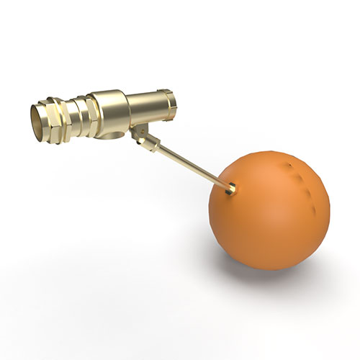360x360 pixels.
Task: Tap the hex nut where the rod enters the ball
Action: (x=232, y=189)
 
